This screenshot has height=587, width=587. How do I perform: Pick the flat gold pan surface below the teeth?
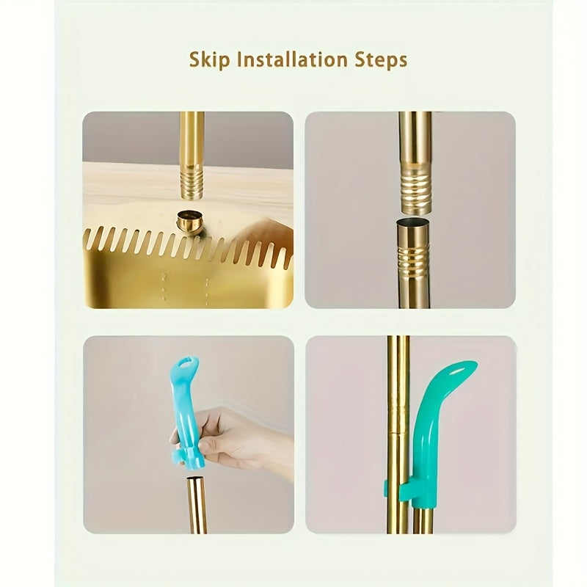pos(147,286)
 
